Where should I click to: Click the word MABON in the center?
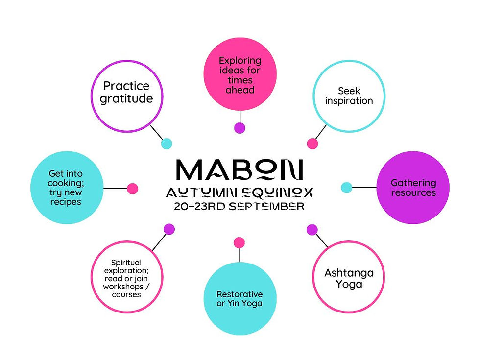[x=240, y=169]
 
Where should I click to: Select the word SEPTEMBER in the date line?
[x=267, y=206]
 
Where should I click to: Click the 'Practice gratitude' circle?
[x=127, y=96]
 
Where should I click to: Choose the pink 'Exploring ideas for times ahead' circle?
[x=240, y=74]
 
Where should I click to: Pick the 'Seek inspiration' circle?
[x=349, y=96]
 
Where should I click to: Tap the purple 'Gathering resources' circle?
[x=413, y=187]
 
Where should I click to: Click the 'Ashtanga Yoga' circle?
[x=349, y=277]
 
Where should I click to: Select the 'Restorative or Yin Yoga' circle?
[x=240, y=298]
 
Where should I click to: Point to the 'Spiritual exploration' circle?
[x=127, y=277]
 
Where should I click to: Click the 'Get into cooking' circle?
[x=67, y=187]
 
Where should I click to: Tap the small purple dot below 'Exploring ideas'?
[x=240, y=128]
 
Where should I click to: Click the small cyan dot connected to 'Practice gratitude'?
[x=167, y=144]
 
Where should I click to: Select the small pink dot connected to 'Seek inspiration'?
[x=312, y=144]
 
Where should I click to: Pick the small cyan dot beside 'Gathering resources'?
[x=347, y=187]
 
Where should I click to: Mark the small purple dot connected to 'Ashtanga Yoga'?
[x=312, y=230]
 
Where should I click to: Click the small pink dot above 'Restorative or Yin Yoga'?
[x=240, y=243]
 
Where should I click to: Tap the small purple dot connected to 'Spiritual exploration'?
[x=169, y=229]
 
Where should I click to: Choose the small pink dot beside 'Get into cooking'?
[x=133, y=189]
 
